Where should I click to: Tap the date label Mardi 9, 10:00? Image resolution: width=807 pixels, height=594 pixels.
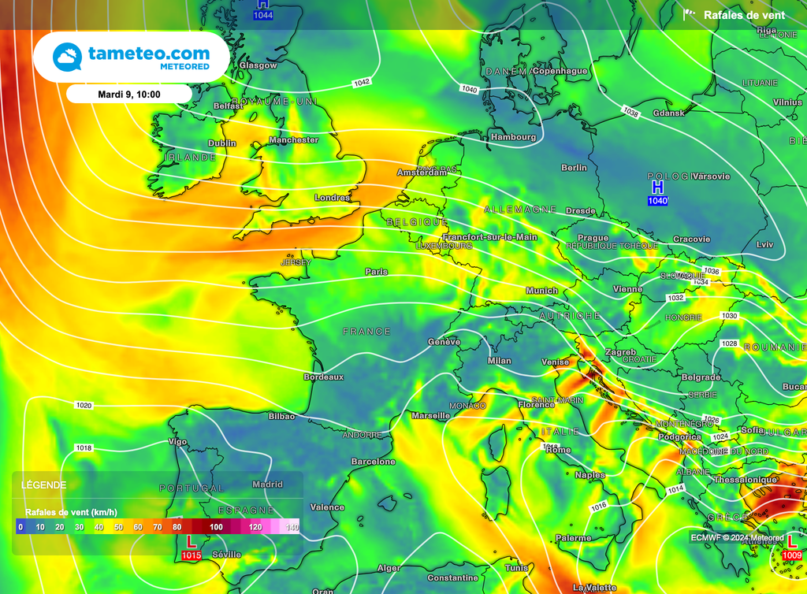pos(128,95)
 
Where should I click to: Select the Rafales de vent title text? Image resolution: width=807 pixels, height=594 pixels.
pos(744,15)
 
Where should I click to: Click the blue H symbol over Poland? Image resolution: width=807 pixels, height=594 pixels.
pos(657,187)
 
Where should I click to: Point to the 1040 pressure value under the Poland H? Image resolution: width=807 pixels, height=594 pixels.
pos(657,202)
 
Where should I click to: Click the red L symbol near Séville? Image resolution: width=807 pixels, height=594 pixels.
pos(191,542)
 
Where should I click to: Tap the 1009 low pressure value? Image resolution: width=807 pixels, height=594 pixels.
pos(793,556)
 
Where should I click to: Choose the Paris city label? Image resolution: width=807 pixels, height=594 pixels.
pos(377,272)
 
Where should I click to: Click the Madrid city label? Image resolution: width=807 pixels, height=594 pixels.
pos(268,484)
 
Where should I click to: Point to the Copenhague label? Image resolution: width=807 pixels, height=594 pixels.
pos(560,71)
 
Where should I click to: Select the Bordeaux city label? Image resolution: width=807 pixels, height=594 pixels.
pos(324,377)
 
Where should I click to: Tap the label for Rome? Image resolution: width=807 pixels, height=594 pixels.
pos(558,450)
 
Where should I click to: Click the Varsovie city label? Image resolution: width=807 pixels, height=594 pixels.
pos(712,176)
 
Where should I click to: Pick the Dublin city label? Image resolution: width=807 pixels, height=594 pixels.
pos(221,143)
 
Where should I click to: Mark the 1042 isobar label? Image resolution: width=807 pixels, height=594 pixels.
pos(363,83)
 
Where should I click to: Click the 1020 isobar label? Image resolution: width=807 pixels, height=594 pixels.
pos(84,406)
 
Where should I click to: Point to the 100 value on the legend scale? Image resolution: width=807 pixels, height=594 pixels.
pos(216,527)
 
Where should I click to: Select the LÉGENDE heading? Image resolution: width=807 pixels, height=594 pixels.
pos(43,485)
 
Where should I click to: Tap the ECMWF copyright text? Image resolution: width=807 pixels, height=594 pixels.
pos(737,538)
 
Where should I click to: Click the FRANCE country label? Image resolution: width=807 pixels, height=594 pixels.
pos(366,332)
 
